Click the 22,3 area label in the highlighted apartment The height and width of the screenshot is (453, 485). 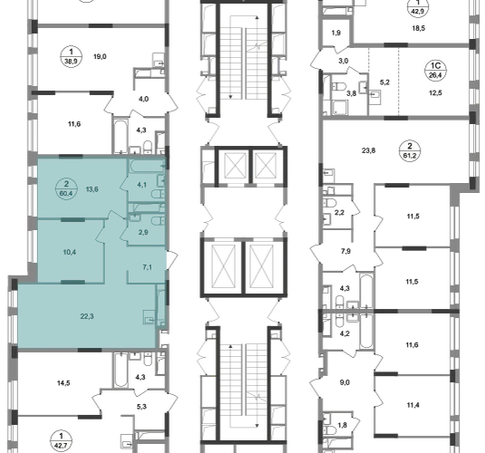87,316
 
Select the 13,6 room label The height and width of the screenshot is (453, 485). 92,189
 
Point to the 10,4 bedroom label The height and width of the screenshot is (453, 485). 69,252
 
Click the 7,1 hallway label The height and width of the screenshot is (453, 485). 147,267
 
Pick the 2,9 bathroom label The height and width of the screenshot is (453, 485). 143,232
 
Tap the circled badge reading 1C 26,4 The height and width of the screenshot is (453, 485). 435,70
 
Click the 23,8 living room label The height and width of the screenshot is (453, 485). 368,151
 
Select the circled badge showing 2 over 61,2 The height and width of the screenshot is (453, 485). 410,150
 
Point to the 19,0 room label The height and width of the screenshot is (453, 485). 100,56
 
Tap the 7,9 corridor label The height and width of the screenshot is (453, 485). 345,251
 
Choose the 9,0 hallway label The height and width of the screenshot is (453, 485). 344,382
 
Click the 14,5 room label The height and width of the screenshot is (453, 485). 63,383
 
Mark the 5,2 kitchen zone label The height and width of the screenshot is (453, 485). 384,82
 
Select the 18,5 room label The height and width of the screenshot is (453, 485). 419,28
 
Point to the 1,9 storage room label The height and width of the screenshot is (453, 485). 336,33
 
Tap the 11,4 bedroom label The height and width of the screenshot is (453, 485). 412,405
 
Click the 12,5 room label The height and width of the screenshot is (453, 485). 435,92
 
